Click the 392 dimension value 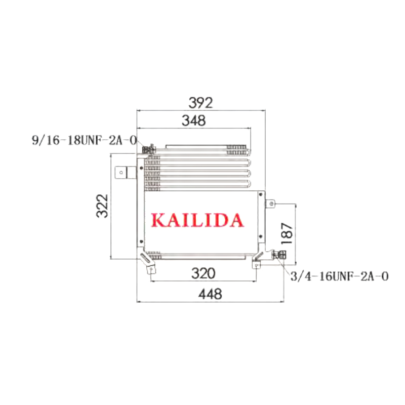(200, 103)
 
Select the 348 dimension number (194, 120)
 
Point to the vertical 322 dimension (102, 206)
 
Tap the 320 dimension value (204, 273)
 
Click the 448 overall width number (210, 294)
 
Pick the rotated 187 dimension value (287, 233)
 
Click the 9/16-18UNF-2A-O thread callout (84, 141)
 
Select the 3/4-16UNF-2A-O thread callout (339, 276)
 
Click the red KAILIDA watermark (197, 220)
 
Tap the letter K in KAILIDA (158, 220)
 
